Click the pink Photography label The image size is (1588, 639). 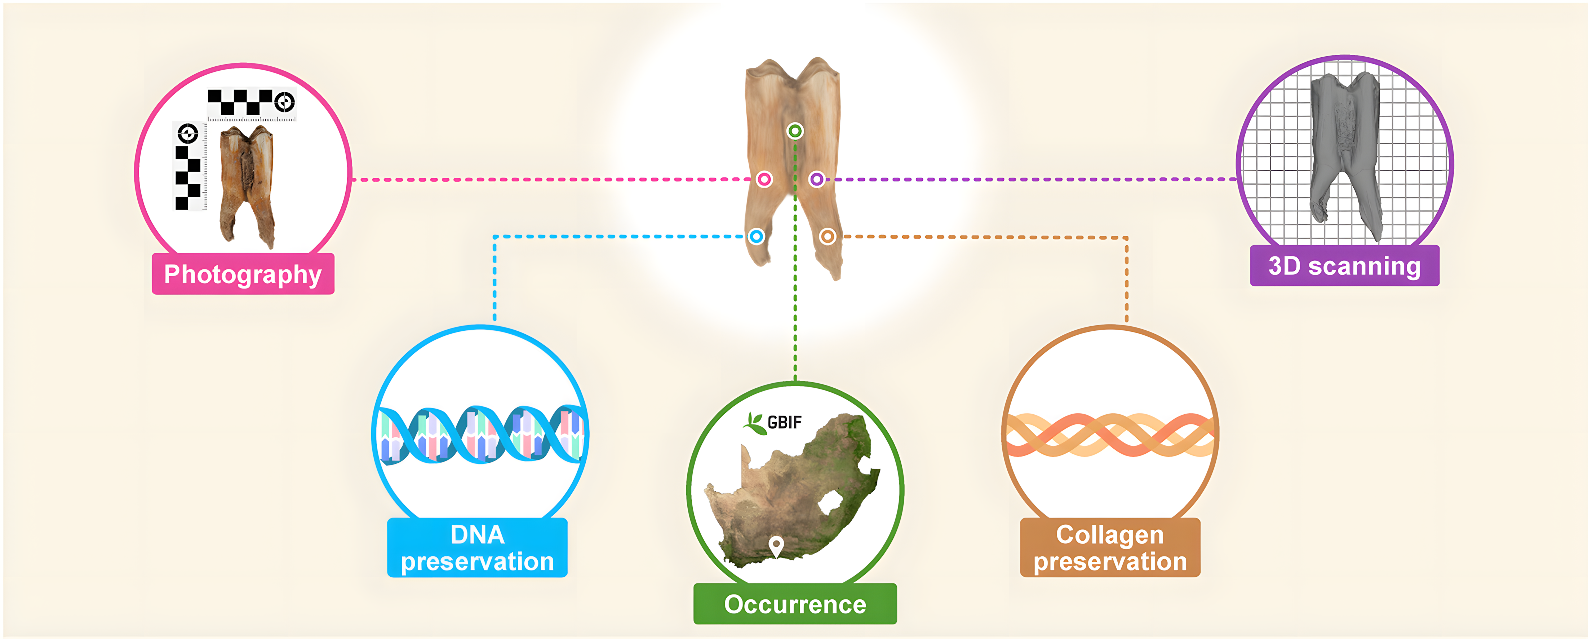[x=243, y=274]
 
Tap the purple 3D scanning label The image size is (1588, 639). [x=1344, y=266]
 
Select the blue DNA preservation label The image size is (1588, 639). [x=477, y=548]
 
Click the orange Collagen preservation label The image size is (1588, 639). [x=1110, y=548]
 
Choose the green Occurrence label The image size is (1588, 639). [x=795, y=604]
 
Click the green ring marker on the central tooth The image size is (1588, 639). [x=795, y=131]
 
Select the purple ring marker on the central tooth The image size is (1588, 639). [x=817, y=180]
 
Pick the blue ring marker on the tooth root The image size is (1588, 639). [x=757, y=236]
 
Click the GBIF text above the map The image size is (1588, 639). [x=785, y=423]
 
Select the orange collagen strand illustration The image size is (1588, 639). [x=1110, y=435]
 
